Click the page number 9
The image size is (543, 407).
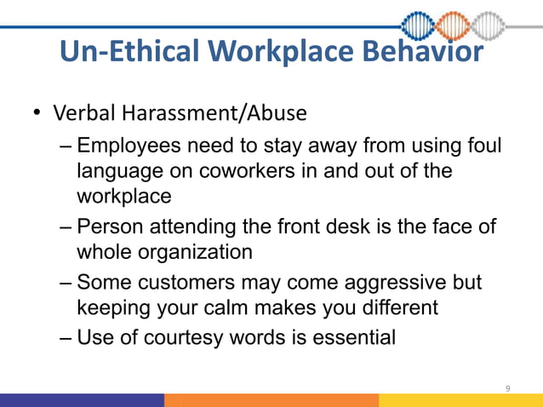[508, 388]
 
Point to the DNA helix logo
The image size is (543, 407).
[465, 26]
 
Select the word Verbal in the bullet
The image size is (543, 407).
[84, 113]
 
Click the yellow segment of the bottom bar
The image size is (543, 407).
[460, 400]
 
